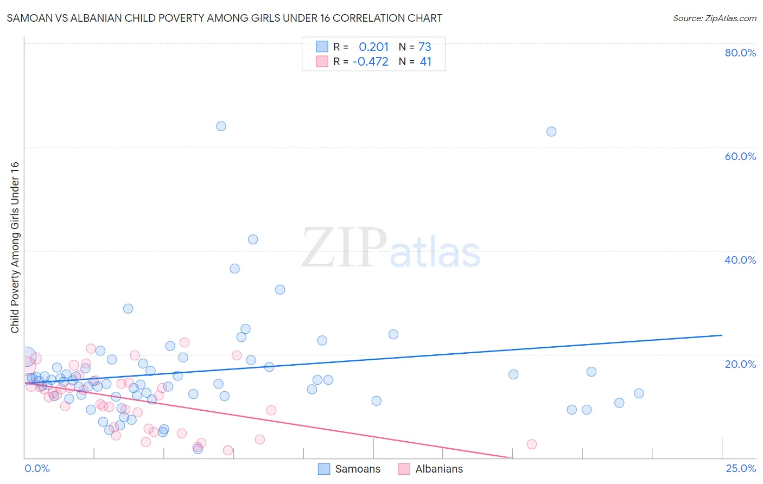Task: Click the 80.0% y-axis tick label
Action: point(740,53)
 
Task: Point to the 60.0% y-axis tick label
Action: point(740,156)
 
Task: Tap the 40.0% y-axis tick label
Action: point(740,260)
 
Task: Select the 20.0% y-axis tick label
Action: point(740,364)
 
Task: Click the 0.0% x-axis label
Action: point(37,468)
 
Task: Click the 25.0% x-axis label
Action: point(741,468)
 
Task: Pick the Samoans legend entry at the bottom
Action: point(349,469)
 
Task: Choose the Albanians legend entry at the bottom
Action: point(431,469)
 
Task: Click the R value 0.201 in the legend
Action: point(374,47)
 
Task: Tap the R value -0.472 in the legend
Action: point(370,62)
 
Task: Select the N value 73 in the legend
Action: point(425,47)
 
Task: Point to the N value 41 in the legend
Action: point(425,62)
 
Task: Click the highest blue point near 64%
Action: point(221,126)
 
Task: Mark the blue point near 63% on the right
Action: point(551,131)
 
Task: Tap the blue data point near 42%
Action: point(253,239)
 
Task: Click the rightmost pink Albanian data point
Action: point(532,444)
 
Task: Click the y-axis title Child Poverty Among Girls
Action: point(15,247)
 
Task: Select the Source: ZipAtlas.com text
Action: point(714,18)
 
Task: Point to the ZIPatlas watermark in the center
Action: point(391,249)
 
